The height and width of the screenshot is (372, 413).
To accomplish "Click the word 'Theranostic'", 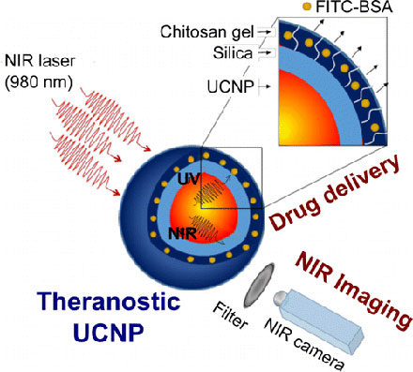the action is pos(86,301).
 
